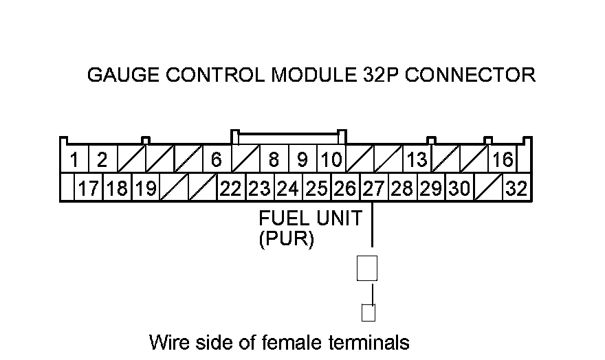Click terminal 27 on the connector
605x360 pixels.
pyautogui.click(x=373, y=188)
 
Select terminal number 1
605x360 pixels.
pyautogui.click(x=74, y=160)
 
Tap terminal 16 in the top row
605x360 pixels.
pyautogui.click(x=503, y=160)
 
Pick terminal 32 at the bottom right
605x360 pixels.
pyautogui.click(x=516, y=188)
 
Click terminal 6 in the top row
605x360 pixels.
pyautogui.click(x=217, y=160)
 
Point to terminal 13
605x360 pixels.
pyautogui.click(x=417, y=160)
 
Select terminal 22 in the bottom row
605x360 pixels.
pyautogui.click(x=231, y=188)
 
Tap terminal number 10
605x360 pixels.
pyautogui.click(x=331, y=160)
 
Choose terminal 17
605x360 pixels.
pyautogui.click(x=89, y=188)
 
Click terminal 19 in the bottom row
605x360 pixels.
pyautogui.click(x=145, y=188)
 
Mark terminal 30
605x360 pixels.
pyautogui.click(x=459, y=188)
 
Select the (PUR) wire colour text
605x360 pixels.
pyautogui.click(x=286, y=240)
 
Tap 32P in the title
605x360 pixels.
pyautogui.click(x=380, y=75)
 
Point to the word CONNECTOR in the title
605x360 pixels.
pyautogui.click(x=470, y=75)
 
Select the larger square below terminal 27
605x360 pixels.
pyautogui.click(x=367, y=267)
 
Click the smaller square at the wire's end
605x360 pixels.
pyautogui.click(x=368, y=313)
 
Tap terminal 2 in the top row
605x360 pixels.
pyautogui.click(x=102, y=160)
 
